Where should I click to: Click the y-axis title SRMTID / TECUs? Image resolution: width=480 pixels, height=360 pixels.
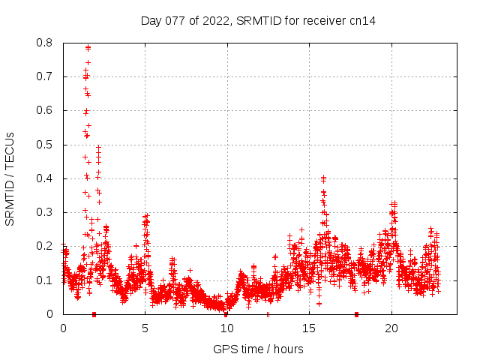pyautogui.click(x=10, y=178)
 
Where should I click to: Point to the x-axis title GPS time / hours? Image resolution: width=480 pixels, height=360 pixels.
pyautogui.click(x=258, y=349)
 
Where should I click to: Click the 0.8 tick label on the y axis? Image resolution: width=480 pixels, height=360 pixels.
pyautogui.click(x=45, y=43)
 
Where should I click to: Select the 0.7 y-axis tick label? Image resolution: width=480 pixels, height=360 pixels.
pyautogui.click(x=45, y=76)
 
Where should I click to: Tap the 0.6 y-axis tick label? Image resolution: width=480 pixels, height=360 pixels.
pyautogui.click(x=45, y=110)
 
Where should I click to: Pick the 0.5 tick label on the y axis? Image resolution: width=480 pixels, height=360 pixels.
pyautogui.click(x=45, y=145)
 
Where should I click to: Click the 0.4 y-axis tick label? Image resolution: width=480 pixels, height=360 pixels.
pyautogui.click(x=45, y=178)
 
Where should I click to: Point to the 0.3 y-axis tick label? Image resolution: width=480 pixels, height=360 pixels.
pyautogui.click(x=45, y=212)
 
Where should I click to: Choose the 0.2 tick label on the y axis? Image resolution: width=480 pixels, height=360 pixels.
pyautogui.click(x=45, y=246)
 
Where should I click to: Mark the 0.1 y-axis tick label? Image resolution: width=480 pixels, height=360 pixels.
pyautogui.click(x=45, y=280)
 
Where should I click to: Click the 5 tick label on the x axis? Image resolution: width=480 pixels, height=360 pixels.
pyautogui.click(x=145, y=328)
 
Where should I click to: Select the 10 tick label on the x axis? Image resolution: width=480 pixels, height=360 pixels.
pyautogui.click(x=226, y=328)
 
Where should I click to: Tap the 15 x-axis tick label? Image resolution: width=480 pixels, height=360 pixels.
pyautogui.click(x=309, y=328)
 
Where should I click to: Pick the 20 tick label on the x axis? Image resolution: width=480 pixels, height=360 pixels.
pyautogui.click(x=391, y=328)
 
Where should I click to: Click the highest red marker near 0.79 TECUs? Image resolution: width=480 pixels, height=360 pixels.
pyautogui.click(x=88, y=47)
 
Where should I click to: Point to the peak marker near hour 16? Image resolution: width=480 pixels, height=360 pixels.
pyautogui.click(x=323, y=178)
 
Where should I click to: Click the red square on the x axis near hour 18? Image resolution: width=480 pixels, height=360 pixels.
pyautogui.click(x=356, y=314)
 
